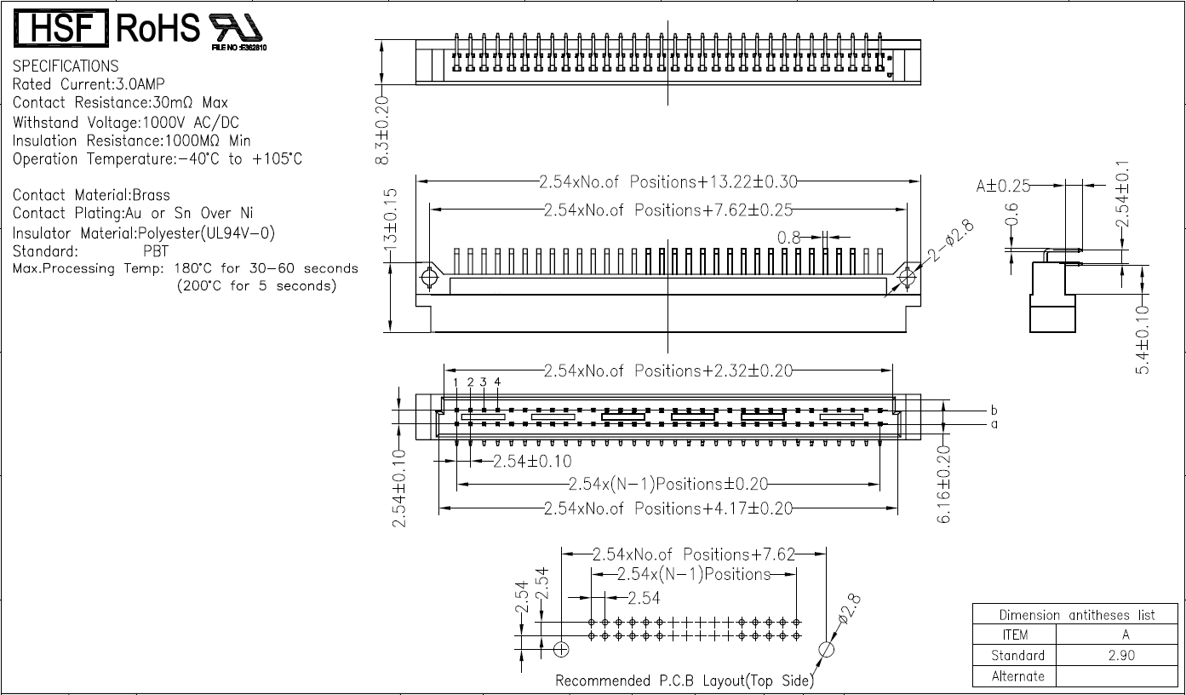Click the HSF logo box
pos(60,30)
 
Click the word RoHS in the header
pos(158,30)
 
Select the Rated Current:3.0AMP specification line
pos(89,84)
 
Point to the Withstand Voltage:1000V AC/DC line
pos(125,123)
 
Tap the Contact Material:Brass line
pos(91,195)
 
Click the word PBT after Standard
pos(156,251)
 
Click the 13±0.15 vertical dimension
pos(391,217)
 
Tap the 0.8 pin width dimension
pos(789,238)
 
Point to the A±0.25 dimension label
pos(1003,186)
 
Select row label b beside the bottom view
pos(994,411)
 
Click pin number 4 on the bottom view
pos(497,382)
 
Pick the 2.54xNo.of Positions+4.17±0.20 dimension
pos(668,508)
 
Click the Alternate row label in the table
pos(1017,676)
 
